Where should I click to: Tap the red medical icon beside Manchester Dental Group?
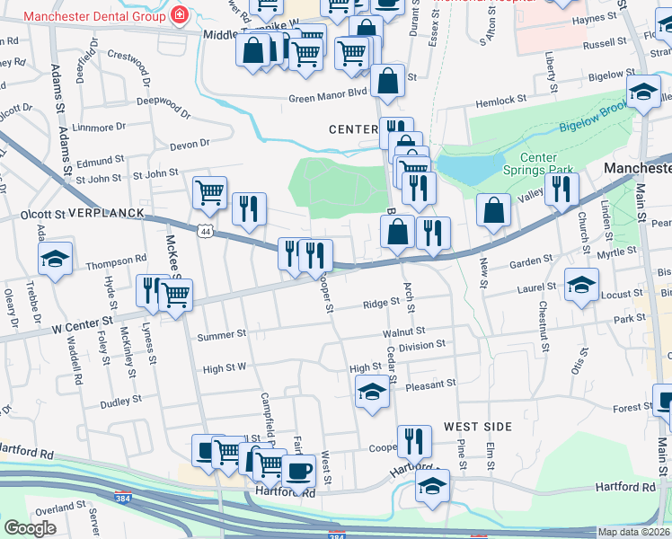pyautogui.click(x=180, y=15)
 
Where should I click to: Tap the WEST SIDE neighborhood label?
pyautogui.click(x=477, y=426)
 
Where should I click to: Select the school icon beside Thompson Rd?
pyautogui.click(x=55, y=261)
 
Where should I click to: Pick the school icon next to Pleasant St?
pyautogui.click(x=372, y=393)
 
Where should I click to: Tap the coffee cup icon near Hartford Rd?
pyautogui.click(x=297, y=471)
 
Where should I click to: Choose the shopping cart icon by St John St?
pyautogui.click(x=209, y=191)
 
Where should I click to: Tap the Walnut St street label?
pyautogui.click(x=402, y=331)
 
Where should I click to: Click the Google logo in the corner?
pyautogui.click(x=30, y=528)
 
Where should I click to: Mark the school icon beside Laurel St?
pyautogui.click(x=580, y=285)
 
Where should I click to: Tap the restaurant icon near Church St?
pyautogui.click(x=562, y=190)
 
